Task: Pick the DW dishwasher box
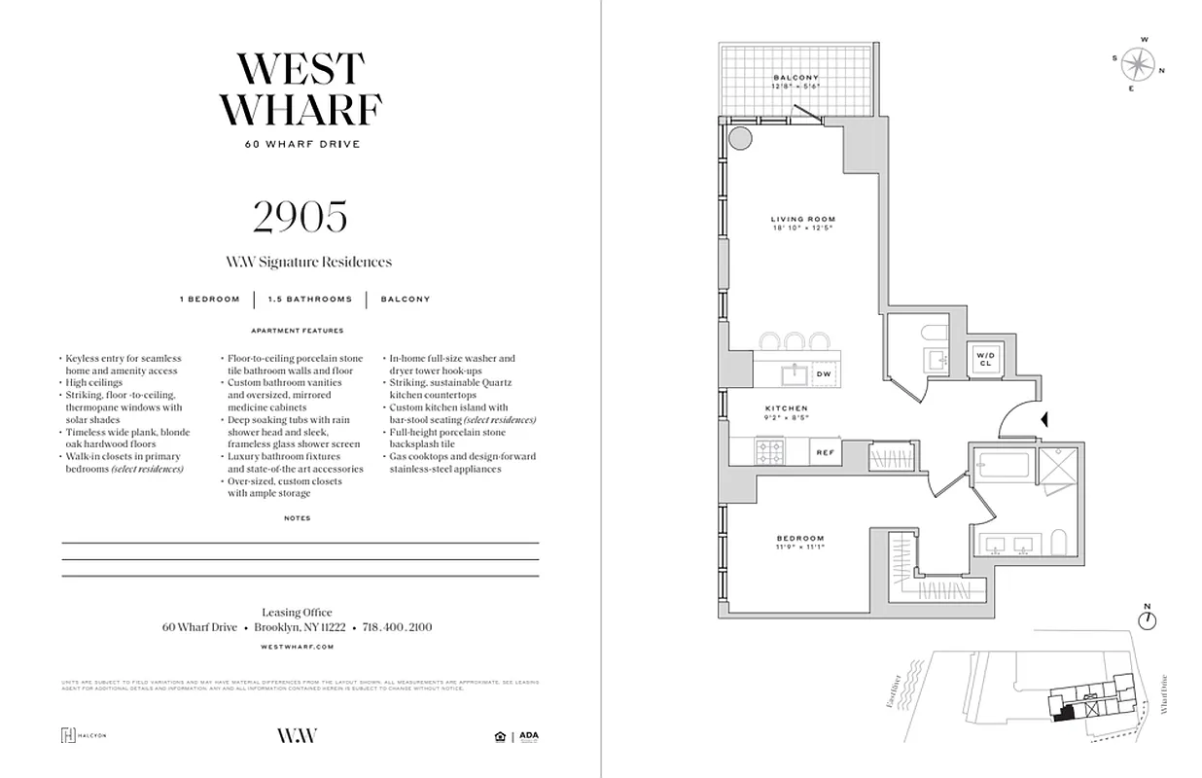click(x=823, y=373)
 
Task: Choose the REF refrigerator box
click(x=825, y=452)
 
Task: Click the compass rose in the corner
click(x=1137, y=64)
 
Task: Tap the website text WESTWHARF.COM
click(x=298, y=646)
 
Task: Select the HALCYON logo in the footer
click(x=83, y=735)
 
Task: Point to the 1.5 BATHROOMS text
click(x=309, y=300)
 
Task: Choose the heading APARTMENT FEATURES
click(x=298, y=331)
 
